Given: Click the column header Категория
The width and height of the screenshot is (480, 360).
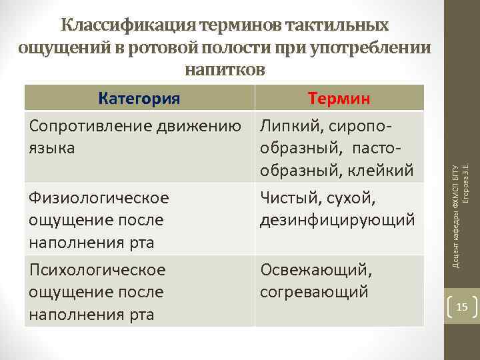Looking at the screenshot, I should [x=139, y=99].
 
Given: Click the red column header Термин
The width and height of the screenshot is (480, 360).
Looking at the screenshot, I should [x=339, y=99].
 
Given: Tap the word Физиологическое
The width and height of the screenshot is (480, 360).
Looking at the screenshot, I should [x=98, y=198].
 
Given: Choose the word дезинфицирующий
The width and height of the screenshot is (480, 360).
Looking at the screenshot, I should [x=338, y=220].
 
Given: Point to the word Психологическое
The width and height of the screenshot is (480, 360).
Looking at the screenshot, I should [x=97, y=270].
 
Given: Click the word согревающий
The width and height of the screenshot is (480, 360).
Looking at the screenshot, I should [x=314, y=291].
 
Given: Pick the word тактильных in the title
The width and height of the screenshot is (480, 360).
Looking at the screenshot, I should [x=337, y=26].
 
